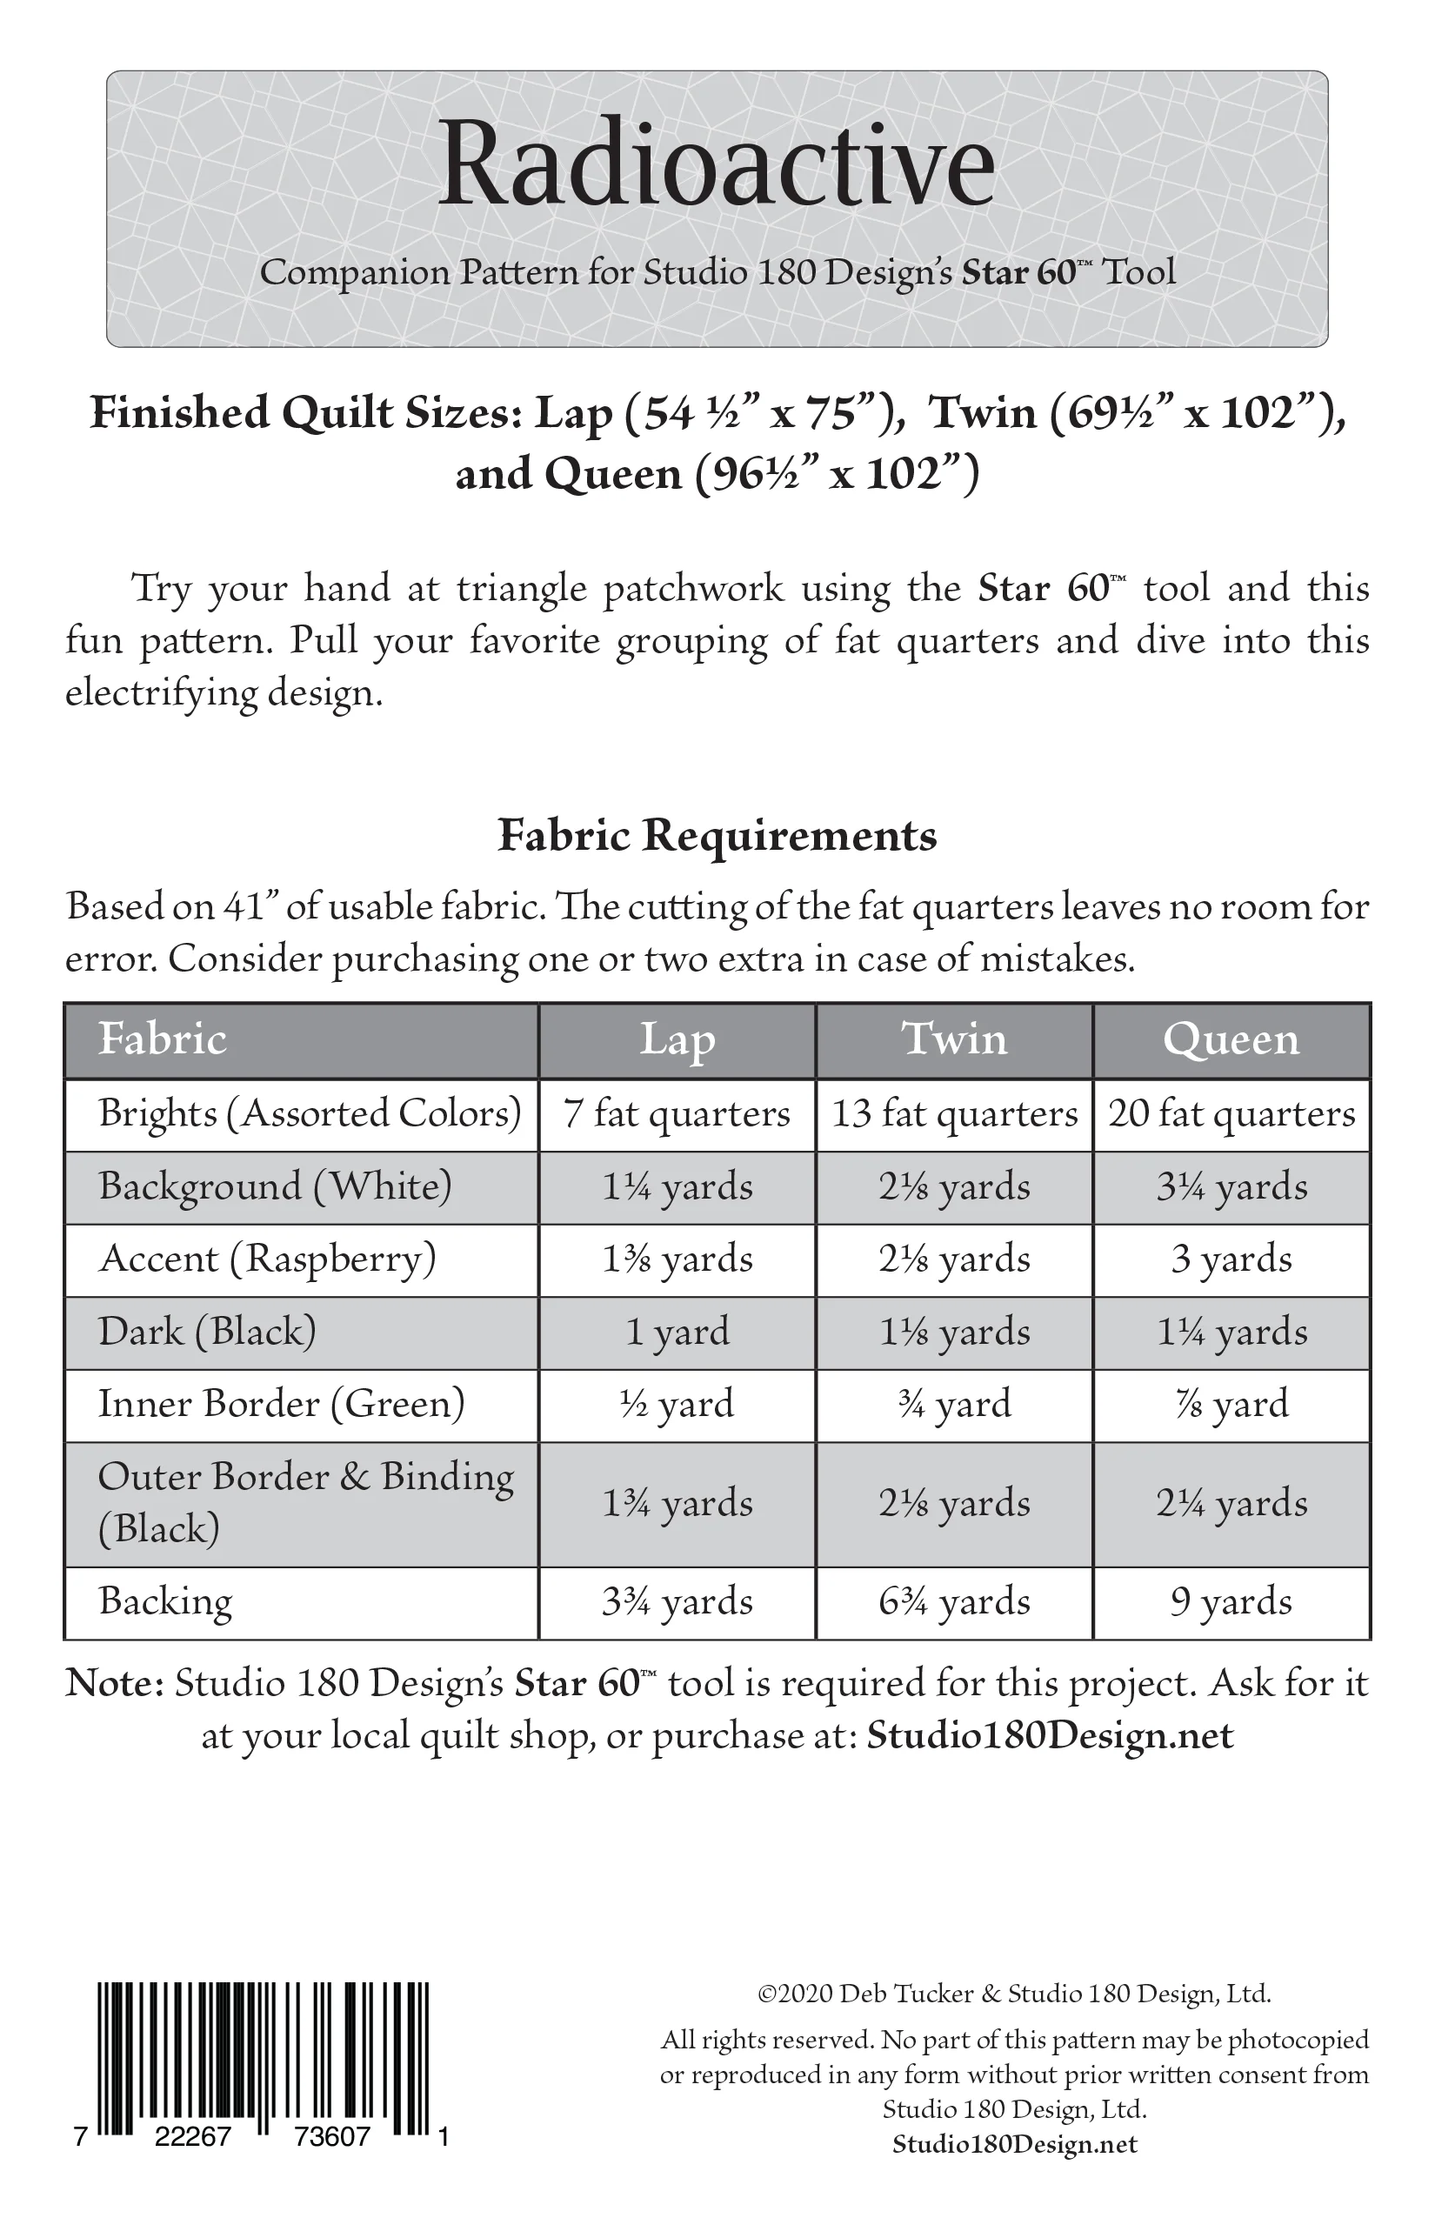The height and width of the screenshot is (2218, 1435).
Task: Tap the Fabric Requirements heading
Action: click(x=717, y=835)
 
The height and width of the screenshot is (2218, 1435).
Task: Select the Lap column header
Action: click(x=677, y=1040)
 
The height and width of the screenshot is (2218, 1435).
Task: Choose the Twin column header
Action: click(x=953, y=1040)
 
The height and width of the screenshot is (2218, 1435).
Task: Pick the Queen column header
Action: click(x=1231, y=1040)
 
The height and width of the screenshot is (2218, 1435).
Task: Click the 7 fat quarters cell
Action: click(x=677, y=1113)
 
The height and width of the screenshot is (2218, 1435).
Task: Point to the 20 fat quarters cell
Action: click(x=1231, y=1113)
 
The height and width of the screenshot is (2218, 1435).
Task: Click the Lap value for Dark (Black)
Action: click(x=677, y=1332)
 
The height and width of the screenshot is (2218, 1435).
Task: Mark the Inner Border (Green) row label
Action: click(x=282, y=1405)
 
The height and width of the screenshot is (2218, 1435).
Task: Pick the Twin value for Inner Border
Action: click(x=953, y=1405)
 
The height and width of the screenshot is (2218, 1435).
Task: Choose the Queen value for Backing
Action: click(x=1231, y=1602)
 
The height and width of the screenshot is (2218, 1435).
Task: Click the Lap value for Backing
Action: click(x=677, y=1602)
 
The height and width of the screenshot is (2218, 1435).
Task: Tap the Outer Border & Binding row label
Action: click(x=305, y=1502)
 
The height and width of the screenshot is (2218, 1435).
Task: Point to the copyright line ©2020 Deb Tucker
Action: click(x=1014, y=1994)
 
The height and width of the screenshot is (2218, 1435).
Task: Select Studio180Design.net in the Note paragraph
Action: click(x=1049, y=1735)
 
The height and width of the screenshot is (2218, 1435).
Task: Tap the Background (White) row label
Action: click(x=275, y=1186)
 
